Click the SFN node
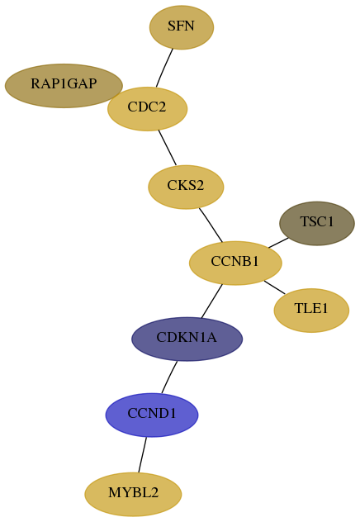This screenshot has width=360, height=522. tap(182, 27)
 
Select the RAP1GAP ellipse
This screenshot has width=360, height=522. tap(64, 86)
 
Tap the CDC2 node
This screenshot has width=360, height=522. tap(148, 109)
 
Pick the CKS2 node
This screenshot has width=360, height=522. tap(186, 187)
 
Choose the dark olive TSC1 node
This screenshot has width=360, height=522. tap(317, 223)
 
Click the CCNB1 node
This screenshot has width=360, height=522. tap(235, 263)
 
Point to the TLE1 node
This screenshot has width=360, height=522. tap(311, 311)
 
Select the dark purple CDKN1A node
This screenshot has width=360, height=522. tap(187, 339)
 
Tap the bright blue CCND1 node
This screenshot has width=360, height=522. tap(152, 415)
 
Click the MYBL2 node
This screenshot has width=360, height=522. tap(133, 494)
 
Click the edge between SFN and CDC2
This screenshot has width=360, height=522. tap(164, 69)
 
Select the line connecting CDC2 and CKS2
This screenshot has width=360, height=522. tap(168, 148)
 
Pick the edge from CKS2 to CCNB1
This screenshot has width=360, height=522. tap(211, 225)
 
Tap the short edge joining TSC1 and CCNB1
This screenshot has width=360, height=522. tap(278, 243)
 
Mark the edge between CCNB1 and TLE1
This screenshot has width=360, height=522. tap(274, 287)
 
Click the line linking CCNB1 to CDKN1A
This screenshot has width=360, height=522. tap(211, 301)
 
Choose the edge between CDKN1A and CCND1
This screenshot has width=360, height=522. tap(169, 377)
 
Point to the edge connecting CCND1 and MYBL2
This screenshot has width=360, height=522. tap(142, 455)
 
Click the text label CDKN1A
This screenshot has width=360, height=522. tap(187, 338)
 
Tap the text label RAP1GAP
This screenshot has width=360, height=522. tap(64, 83)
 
